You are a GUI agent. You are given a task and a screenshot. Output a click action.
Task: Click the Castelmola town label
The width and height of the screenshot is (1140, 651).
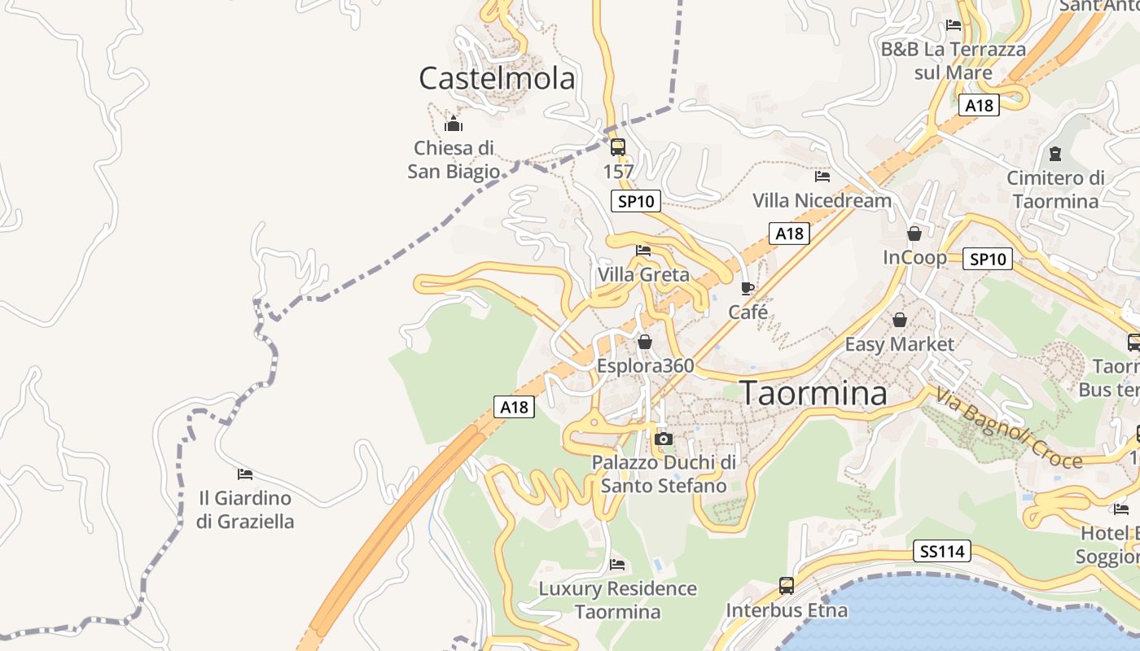coord(497,78)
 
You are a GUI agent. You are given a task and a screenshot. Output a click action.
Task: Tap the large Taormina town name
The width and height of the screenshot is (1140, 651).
coord(813,393)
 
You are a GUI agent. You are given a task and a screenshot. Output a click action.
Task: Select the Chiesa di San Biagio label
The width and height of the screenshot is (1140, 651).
coord(454,159)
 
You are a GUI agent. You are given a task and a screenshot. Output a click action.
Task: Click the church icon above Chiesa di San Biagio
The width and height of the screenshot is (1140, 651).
coord(454,124)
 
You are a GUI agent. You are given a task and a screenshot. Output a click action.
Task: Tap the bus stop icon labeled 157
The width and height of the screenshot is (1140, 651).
coord(618,147)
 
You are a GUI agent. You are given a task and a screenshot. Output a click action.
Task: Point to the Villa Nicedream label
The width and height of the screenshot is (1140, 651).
coord(822,200)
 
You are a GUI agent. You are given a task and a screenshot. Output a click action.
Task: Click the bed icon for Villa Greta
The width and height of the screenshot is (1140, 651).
coord(643,250)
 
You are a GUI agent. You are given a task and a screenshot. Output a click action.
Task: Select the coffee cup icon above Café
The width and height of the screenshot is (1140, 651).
coord(748,288)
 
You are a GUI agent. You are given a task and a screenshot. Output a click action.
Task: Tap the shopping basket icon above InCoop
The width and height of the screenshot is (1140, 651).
coord(914,234)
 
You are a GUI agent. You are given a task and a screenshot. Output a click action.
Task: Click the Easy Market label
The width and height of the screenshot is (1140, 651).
coord(899,344)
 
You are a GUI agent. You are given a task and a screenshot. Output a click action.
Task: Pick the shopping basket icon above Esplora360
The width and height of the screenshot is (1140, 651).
coord(645,342)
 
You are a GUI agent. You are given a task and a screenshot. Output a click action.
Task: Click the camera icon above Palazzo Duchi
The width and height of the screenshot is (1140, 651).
coord(664,439)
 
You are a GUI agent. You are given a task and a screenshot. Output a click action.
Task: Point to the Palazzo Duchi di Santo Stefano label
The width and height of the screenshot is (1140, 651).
coord(664,474)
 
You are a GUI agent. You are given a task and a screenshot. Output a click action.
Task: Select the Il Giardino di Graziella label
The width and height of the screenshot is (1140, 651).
coord(245,509)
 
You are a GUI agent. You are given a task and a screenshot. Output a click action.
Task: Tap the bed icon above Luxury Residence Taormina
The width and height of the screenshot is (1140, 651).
coord(617,564)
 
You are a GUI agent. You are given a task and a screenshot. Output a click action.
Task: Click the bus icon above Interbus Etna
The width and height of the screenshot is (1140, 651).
coord(787,585)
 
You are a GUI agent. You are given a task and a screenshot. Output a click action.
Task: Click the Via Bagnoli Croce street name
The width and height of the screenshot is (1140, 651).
coord(1008,428)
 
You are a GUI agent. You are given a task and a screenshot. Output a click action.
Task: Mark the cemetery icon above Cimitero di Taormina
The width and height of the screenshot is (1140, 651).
coord(1055,153)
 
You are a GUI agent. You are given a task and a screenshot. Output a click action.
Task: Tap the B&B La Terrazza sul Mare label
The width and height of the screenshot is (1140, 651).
coord(954,61)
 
